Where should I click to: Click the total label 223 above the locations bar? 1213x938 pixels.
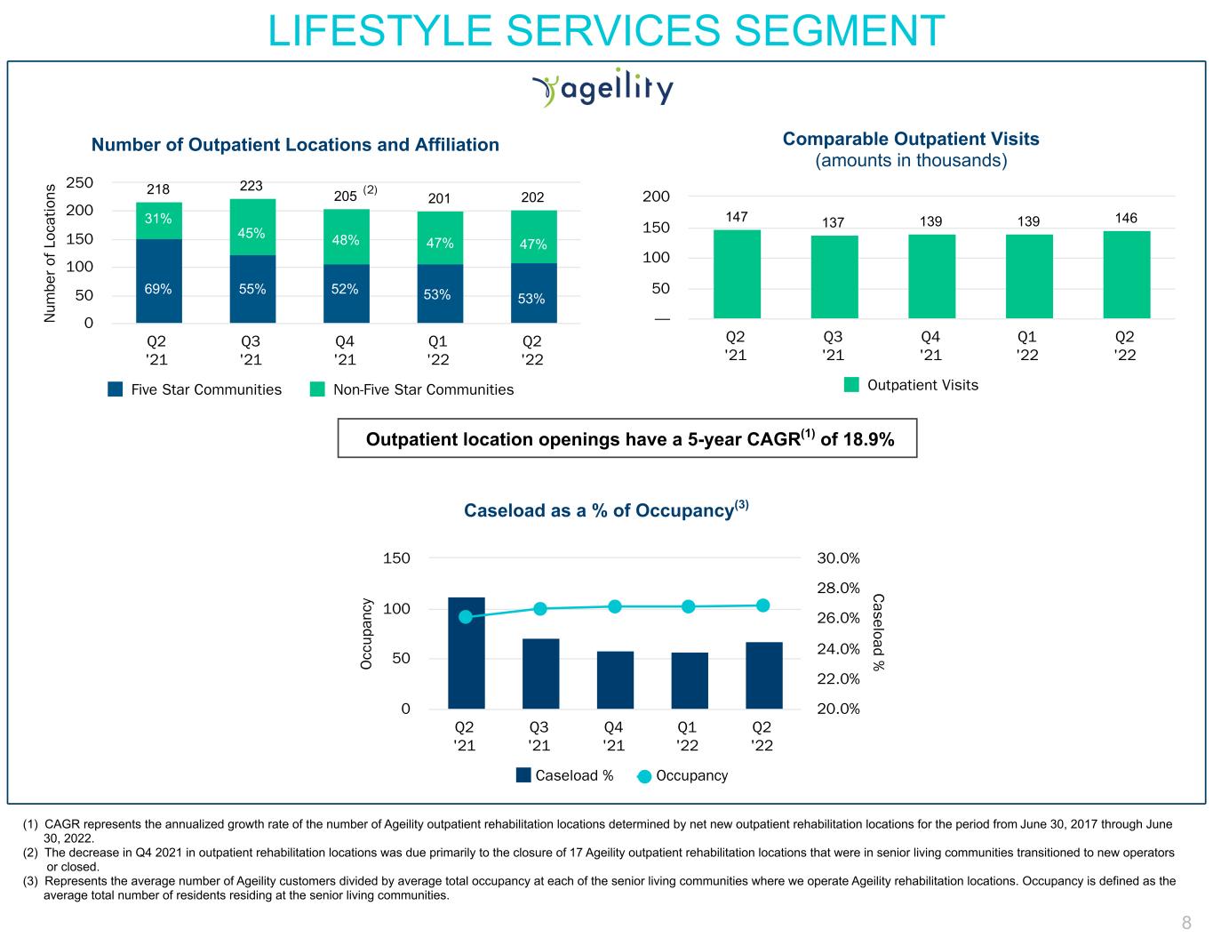(251, 186)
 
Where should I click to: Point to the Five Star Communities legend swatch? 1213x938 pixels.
(116, 389)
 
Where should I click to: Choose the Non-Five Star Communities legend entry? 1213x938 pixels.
(411, 389)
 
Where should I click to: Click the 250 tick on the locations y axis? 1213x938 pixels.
(80, 182)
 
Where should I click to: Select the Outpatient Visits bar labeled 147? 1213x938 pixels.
(737, 274)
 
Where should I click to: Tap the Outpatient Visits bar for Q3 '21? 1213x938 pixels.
(834, 277)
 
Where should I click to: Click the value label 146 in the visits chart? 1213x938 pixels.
(1126, 218)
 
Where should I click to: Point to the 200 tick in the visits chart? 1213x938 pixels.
(657, 196)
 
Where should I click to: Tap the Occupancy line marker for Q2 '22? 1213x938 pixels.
(762, 605)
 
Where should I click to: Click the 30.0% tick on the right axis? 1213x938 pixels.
(838, 558)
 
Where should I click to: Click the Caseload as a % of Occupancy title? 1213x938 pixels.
(606, 510)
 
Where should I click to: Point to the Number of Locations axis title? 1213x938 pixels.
(51, 253)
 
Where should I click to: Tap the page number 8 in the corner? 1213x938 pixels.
(1185, 922)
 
